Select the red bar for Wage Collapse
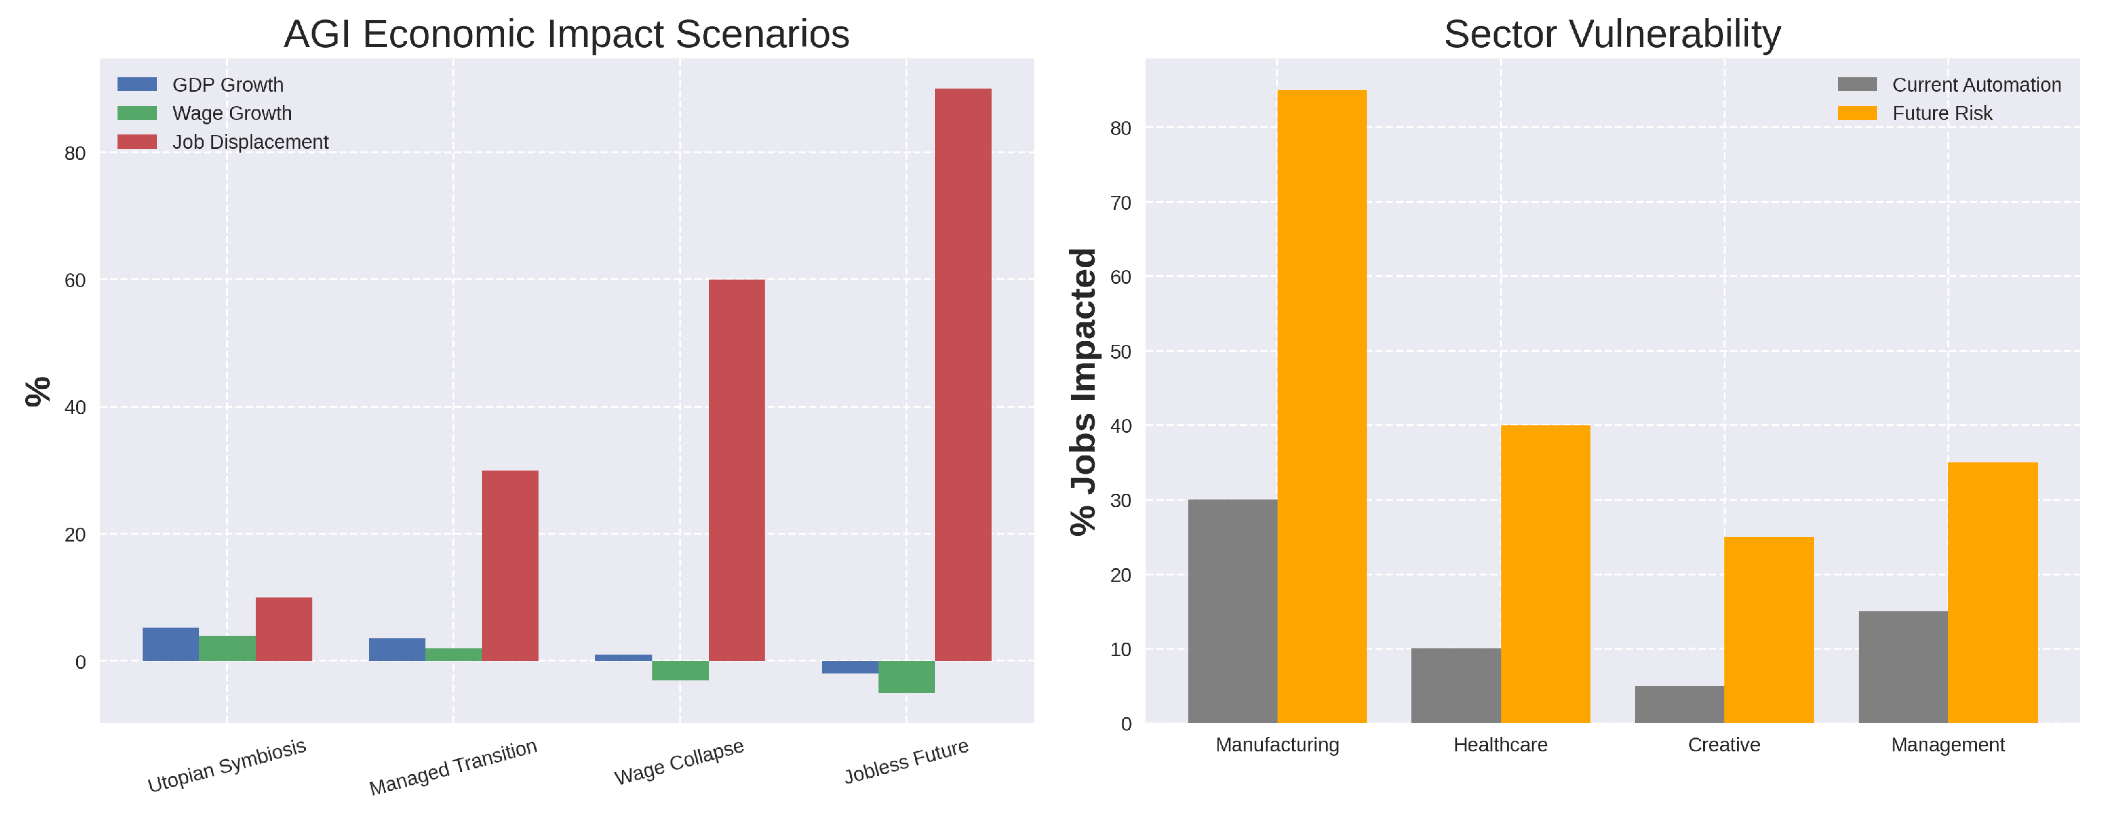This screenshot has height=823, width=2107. click(736, 471)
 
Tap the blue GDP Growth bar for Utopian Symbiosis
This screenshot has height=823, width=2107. click(170, 645)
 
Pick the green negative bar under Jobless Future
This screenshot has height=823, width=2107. click(906, 677)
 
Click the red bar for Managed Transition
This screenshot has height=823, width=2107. click(510, 565)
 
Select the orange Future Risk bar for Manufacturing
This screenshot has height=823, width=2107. click(1322, 406)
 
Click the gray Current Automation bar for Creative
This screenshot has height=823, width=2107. click(1679, 704)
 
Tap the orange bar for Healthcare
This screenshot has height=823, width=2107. click(1545, 574)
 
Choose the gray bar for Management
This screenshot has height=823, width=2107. click(1903, 667)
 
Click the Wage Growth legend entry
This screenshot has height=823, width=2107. click(231, 114)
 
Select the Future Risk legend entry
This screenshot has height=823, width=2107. click(1942, 114)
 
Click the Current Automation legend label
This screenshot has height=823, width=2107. click(1976, 85)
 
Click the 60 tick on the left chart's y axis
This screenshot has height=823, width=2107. click(74, 281)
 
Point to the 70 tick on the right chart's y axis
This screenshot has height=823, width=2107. click(1120, 203)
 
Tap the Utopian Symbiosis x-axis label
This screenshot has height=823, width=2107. click(227, 766)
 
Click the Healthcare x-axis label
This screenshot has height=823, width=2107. click(1500, 745)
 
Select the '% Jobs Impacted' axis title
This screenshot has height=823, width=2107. click(1084, 393)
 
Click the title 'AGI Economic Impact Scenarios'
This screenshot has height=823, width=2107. click(566, 35)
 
